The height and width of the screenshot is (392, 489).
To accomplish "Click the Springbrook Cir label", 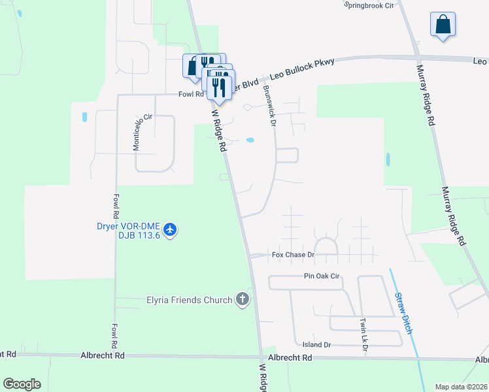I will (372, 4).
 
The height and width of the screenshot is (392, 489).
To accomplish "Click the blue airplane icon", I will (171, 229).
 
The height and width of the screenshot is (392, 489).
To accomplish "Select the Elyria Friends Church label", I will (188, 301).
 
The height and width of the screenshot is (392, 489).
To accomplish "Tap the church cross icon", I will (243, 300).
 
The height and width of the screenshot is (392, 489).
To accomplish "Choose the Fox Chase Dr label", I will (294, 254).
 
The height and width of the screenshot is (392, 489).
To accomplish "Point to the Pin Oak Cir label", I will (322, 276).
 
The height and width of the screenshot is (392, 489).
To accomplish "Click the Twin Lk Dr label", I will (364, 334).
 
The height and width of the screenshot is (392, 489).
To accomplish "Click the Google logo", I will (22, 384).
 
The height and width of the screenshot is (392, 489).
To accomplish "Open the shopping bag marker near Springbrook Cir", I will (443, 25).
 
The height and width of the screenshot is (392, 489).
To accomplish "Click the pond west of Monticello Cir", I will (84, 117).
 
